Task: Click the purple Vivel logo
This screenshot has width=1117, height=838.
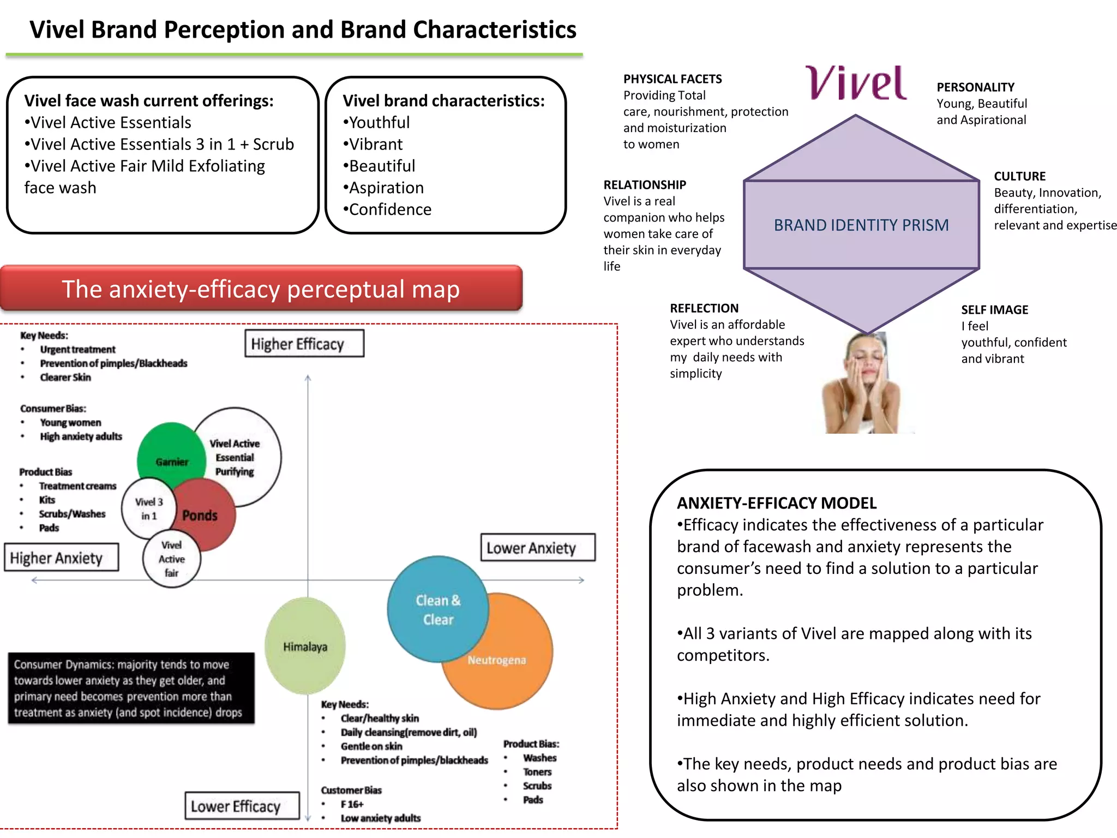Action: pos(856,83)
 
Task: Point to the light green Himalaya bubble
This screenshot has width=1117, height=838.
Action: pos(305,647)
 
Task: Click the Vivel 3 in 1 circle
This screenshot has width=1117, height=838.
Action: pos(148,508)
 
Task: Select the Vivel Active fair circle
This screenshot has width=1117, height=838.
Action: pos(171,559)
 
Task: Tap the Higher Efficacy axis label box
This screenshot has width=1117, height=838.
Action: pos(304,344)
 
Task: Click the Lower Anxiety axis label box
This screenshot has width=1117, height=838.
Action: pos(537,547)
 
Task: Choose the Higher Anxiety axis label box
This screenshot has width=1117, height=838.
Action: pos(61,558)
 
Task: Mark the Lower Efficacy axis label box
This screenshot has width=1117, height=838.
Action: pos(242,806)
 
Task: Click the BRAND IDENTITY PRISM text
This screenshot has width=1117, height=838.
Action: pos(861,225)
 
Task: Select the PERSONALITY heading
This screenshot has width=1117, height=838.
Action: pos(975,87)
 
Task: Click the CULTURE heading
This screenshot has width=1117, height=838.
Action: pos(1019,176)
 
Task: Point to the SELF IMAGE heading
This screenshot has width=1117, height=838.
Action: pos(994,310)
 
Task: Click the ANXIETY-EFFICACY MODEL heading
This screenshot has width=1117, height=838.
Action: pos(777,503)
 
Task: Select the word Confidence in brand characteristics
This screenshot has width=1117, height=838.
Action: pos(390,209)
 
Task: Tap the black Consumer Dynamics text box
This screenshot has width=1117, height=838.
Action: pos(131,688)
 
